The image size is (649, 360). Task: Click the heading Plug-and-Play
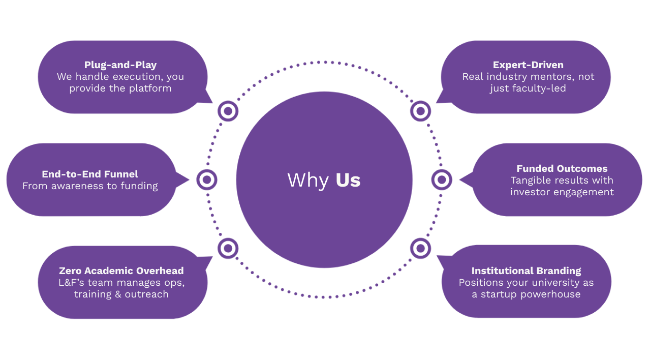point(120,65)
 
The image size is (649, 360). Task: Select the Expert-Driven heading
point(528,65)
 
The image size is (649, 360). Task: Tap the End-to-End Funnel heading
point(90,174)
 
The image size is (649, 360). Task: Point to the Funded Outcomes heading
point(562,169)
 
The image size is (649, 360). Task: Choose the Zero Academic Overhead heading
point(121,271)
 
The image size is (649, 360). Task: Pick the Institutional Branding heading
point(526,271)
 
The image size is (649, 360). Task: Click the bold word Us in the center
point(348,181)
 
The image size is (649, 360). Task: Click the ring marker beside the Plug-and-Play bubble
point(228,111)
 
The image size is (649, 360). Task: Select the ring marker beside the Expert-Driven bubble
point(420,111)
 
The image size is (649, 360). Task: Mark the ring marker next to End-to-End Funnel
point(206,179)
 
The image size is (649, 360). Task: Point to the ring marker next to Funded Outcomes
point(442,179)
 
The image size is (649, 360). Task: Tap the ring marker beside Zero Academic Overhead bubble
point(228,249)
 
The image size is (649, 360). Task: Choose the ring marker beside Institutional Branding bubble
point(420,249)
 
